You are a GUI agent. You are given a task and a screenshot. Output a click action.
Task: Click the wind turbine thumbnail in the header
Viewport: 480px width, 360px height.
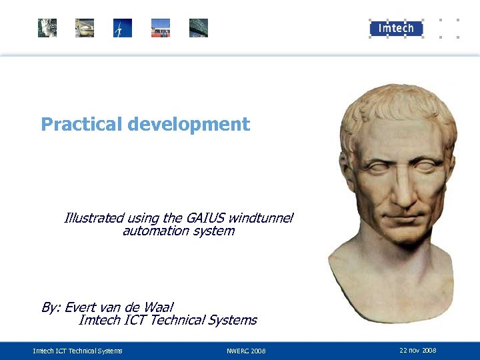(123, 28)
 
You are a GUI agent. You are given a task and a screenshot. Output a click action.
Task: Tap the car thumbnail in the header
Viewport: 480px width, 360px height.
(85, 28)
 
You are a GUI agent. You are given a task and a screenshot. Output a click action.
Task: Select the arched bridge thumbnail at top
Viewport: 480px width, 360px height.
(199, 28)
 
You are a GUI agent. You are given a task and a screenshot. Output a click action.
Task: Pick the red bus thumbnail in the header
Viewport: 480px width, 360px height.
(161, 28)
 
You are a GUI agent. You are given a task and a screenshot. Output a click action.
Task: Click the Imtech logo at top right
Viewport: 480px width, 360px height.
(396, 28)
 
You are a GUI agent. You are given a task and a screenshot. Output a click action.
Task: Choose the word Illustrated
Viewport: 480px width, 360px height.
(93, 218)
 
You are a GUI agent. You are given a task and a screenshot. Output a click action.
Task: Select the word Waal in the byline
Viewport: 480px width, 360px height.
(159, 307)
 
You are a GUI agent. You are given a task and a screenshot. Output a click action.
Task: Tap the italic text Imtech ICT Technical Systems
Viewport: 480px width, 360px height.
(167, 321)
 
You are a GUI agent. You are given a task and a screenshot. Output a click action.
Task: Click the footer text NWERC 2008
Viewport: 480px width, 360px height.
(246, 351)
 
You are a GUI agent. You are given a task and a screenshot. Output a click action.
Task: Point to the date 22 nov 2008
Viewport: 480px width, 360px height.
(418, 350)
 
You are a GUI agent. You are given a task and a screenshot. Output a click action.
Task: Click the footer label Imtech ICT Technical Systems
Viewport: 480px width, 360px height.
(78, 351)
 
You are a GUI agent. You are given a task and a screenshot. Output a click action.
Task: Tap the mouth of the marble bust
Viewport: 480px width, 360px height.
(402, 215)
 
